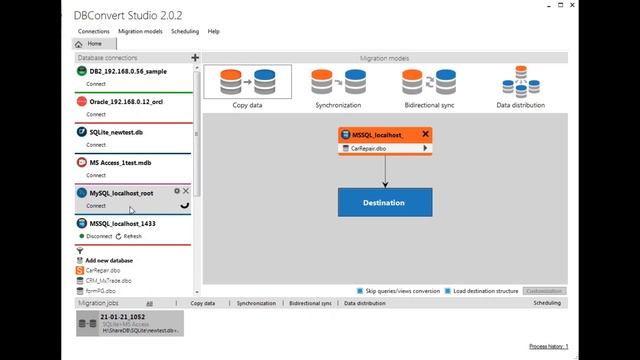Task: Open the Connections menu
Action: (94, 31)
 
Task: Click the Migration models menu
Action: (139, 31)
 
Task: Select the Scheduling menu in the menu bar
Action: (184, 31)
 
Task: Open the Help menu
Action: (213, 31)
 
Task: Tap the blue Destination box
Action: (384, 203)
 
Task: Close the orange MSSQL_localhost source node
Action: (425, 134)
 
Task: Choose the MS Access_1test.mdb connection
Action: (120, 162)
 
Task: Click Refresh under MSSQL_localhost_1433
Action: (130, 236)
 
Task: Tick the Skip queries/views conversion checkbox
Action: (360, 291)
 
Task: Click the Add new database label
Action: (109, 260)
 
